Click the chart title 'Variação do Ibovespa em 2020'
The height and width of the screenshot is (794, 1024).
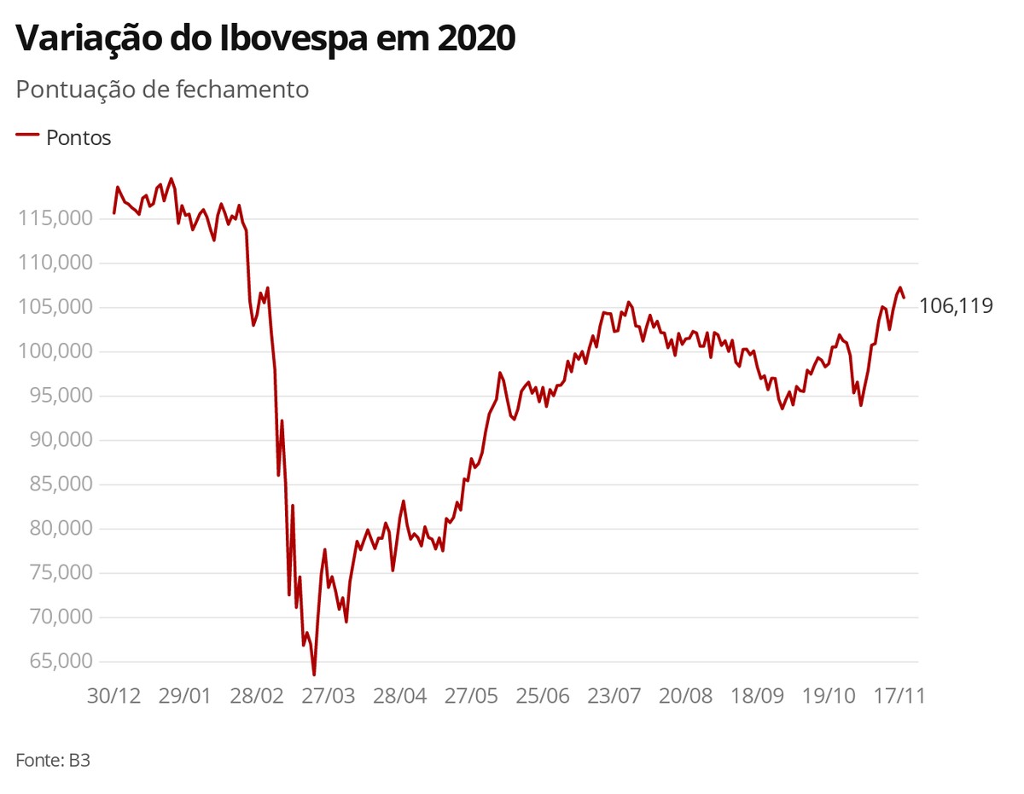pyautogui.click(x=265, y=39)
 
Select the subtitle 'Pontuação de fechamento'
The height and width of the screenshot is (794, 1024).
pyautogui.click(x=162, y=90)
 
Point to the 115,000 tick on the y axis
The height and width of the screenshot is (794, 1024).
pyautogui.click(x=55, y=219)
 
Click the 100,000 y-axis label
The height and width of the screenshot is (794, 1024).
pyautogui.click(x=55, y=352)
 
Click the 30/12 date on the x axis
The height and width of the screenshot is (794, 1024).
pyautogui.click(x=113, y=695)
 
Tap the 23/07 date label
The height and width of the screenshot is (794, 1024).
pyautogui.click(x=614, y=695)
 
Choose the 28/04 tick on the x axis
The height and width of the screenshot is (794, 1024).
pyautogui.click(x=400, y=695)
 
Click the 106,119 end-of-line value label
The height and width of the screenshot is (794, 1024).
pyautogui.click(x=956, y=306)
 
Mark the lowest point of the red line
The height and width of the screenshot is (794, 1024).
pyautogui.click(x=314, y=675)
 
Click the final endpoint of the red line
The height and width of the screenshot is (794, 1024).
pyautogui.click(x=904, y=298)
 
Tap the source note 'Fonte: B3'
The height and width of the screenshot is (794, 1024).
pyautogui.click(x=53, y=760)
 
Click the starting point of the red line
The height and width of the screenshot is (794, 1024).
pyautogui.click(x=113, y=213)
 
